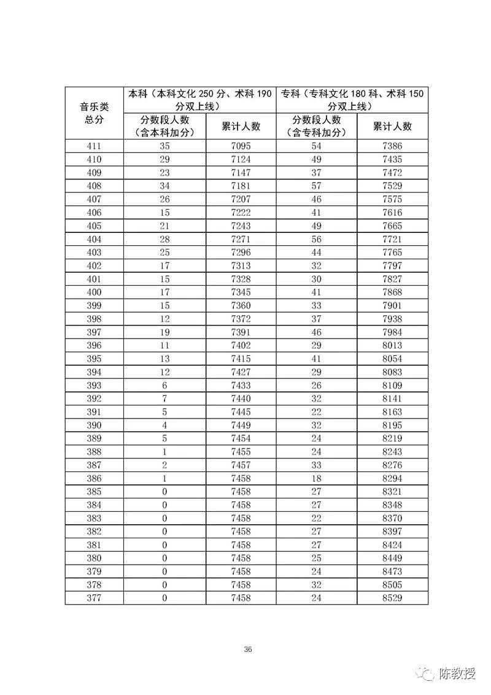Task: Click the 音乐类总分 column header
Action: tap(94, 113)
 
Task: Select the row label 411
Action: tap(94, 146)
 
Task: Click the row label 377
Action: tap(94, 597)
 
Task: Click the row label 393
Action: tap(94, 385)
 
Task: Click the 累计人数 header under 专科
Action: tap(392, 127)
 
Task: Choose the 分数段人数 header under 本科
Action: tap(164, 126)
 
